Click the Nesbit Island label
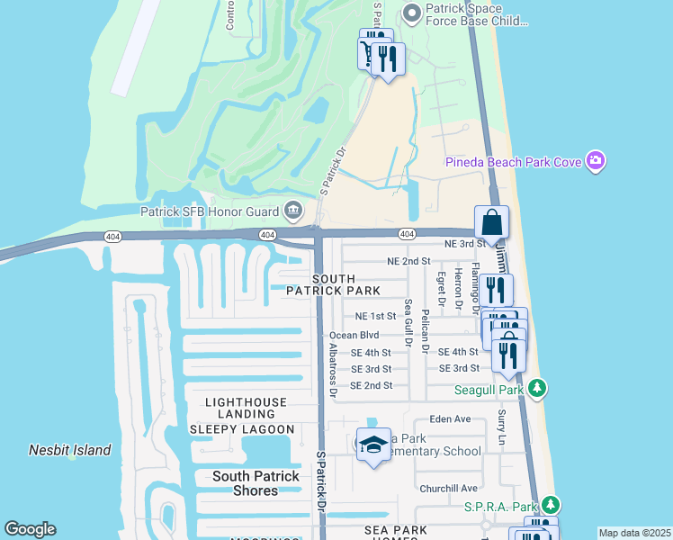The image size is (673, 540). click(x=69, y=450)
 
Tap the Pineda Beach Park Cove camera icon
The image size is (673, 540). click(x=594, y=161)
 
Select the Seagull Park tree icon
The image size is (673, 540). click(x=537, y=389)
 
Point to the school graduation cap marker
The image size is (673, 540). click(x=373, y=445)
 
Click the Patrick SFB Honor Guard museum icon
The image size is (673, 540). click(x=292, y=211)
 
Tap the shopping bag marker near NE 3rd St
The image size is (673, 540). click(x=491, y=221)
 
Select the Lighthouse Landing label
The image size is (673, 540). click(x=246, y=402)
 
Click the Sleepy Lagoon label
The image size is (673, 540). click(x=241, y=429)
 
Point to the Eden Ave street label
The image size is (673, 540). click(x=450, y=419)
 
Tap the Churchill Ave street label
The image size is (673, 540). click(x=448, y=488)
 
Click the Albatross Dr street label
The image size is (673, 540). click(x=332, y=370)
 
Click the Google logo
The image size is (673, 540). click(x=30, y=529)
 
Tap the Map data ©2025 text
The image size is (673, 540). click(x=633, y=533)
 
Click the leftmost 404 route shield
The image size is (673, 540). click(x=112, y=236)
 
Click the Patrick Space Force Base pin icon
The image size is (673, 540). click(x=412, y=13)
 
